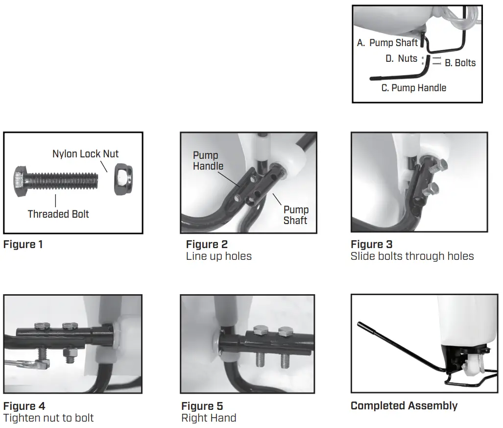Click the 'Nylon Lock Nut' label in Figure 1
click(x=85, y=154)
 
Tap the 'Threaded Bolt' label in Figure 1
click(x=58, y=214)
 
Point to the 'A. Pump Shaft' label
click(x=387, y=43)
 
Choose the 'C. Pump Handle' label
click(x=414, y=88)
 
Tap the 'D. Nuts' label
click(x=401, y=58)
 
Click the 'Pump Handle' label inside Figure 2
click(x=208, y=161)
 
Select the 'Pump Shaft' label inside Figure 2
click(x=296, y=215)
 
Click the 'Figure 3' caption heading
click(x=371, y=244)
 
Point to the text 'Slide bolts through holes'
click(x=412, y=256)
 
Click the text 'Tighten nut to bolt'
click(x=48, y=418)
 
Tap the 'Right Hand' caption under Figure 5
click(x=209, y=418)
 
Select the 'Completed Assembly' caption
click(x=404, y=406)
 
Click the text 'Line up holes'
click(x=218, y=256)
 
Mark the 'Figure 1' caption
click(x=23, y=244)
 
